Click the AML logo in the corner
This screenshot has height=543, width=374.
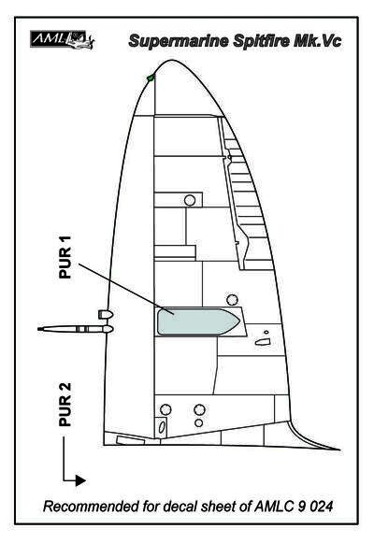pyautogui.click(x=63, y=39)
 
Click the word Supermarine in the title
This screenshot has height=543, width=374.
pyautogui.click(x=179, y=41)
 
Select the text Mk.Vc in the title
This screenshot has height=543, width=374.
pyautogui.click(x=318, y=41)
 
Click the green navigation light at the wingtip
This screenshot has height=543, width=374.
pyautogui.click(x=151, y=79)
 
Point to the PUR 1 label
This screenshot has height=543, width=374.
pyautogui.click(x=65, y=257)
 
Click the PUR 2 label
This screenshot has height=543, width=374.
pyautogui.click(x=65, y=404)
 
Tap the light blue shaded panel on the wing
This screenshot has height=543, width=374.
pyautogui.click(x=197, y=322)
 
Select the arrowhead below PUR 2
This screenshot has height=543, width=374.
pyautogui.click(x=80, y=480)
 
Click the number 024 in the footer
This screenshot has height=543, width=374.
pyautogui.click(x=321, y=507)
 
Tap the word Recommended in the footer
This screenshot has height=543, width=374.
pyautogui.click(x=91, y=507)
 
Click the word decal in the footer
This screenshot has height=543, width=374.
pyautogui.click(x=180, y=507)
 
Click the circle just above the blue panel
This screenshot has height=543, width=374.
pyautogui.click(x=232, y=300)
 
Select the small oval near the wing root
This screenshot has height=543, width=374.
pyautogui.click(x=162, y=427)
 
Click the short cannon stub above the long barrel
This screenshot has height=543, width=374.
pyautogui.click(x=106, y=314)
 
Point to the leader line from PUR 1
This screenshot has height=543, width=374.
pyautogui.click(x=126, y=289)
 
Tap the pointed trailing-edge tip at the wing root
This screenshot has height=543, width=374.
pyautogui.click(x=339, y=450)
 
